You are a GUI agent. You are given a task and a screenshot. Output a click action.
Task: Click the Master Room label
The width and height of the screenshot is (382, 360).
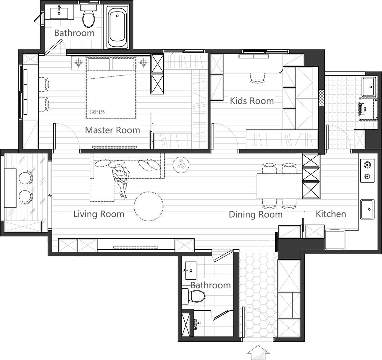[x=112, y=130]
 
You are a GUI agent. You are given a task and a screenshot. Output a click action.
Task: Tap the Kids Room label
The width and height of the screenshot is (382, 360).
[x=251, y=101]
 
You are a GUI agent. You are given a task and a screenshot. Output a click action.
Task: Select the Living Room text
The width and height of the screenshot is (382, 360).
[x=99, y=214]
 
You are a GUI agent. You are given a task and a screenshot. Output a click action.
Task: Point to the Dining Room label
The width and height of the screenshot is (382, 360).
[x=256, y=214]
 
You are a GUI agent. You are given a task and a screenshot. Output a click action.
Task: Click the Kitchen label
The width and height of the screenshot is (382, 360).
[x=330, y=214]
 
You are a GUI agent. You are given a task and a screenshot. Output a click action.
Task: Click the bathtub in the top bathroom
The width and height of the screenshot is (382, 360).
[x=117, y=27]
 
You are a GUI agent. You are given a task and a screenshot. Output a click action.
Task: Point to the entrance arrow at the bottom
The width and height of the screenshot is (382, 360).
[x=258, y=352]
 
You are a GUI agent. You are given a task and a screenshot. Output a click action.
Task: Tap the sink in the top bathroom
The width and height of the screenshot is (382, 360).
[x=59, y=13]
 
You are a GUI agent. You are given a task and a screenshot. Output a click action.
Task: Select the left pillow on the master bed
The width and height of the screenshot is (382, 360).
[x=99, y=64]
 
